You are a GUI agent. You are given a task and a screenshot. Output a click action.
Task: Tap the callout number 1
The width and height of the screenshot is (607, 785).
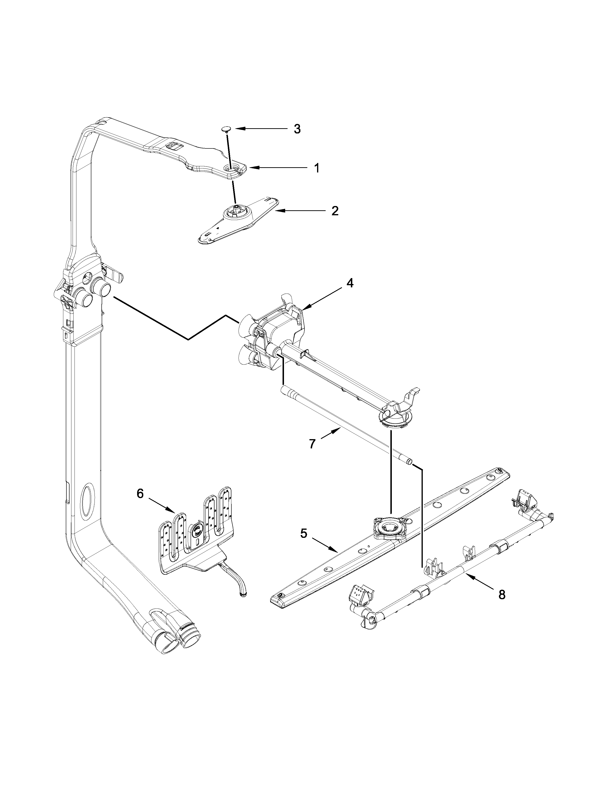coord(316,168)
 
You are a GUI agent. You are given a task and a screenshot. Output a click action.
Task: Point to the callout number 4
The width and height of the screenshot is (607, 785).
coord(349,283)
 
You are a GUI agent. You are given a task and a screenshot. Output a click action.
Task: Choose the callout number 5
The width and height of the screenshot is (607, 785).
coord(304,544)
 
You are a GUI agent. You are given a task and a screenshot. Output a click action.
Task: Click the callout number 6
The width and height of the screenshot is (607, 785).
coord(140,494)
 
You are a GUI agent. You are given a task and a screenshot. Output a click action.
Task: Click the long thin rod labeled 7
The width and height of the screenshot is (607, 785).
coord(345,424)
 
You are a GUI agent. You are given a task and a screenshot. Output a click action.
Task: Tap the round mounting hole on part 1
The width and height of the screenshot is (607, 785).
coord(229,168)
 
